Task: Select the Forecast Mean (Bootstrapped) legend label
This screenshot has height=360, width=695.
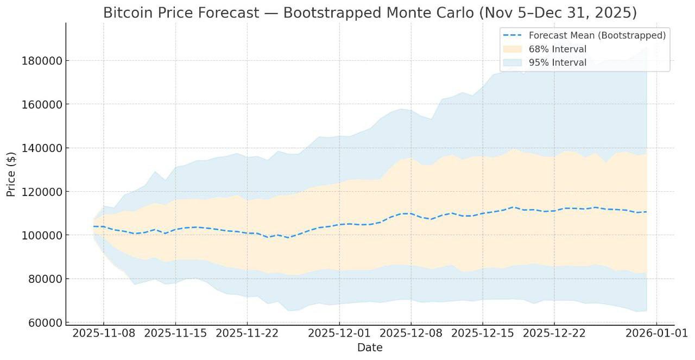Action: [597, 35]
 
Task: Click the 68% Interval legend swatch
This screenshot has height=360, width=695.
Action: [513, 49]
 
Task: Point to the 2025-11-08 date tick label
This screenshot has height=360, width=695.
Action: [104, 333]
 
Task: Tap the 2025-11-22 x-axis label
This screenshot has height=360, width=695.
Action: [247, 333]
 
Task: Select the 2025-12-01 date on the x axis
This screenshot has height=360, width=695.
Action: [339, 333]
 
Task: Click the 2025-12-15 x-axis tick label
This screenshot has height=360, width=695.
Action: [483, 333]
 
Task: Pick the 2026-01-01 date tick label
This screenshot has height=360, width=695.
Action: [656, 333]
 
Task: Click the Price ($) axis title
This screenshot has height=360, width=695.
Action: [11, 174]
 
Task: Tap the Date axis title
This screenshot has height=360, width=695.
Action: [370, 348]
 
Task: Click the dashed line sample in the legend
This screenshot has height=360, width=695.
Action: [513, 35]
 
